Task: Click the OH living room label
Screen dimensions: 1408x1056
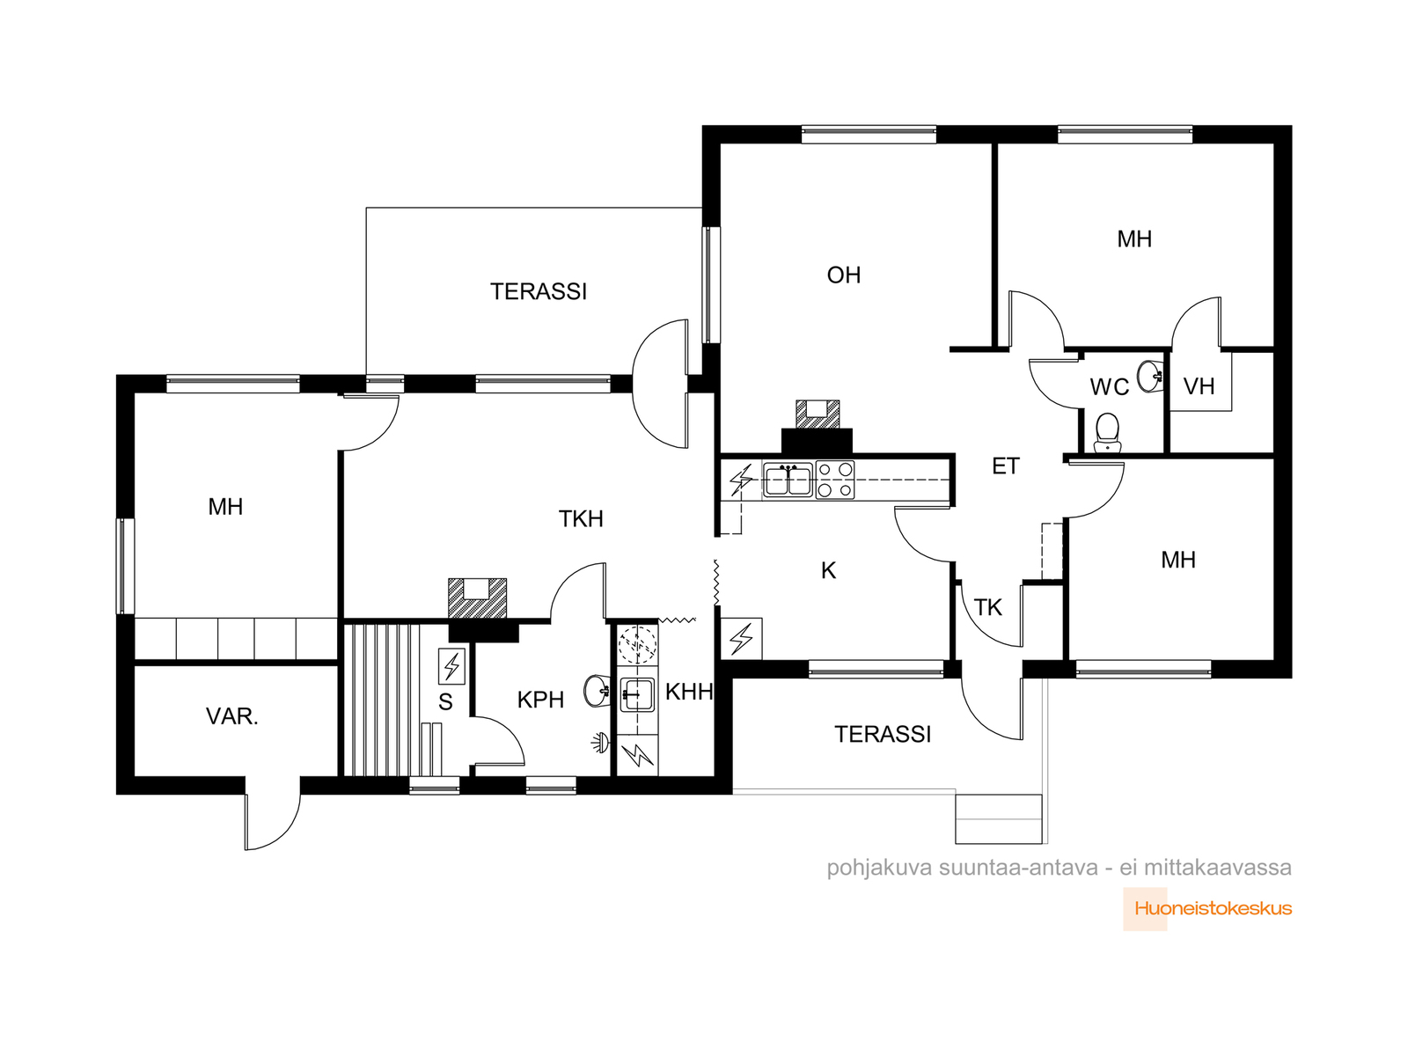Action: (x=843, y=275)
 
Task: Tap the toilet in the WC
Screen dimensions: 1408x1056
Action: (x=1106, y=432)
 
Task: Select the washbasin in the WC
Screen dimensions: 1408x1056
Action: (x=1149, y=375)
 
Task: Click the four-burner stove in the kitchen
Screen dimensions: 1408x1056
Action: (x=834, y=480)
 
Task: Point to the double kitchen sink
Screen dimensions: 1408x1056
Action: (x=788, y=480)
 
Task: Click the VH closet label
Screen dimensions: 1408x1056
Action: (x=1199, y=386)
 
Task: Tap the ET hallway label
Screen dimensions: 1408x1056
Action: (x=1005, y=466)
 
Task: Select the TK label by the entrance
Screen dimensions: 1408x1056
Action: (x=987, y=607)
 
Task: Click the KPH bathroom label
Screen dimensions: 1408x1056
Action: (x=540, y=700)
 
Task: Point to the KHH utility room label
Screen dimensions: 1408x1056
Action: (x=689, y=692)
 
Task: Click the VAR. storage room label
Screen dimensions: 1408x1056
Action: (x=231, y=716)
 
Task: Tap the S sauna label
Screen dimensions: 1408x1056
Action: (x=445, y=702)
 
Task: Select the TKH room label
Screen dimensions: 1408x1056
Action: (x=581, y=518)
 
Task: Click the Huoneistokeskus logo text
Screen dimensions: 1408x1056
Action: (x=1213, y=908)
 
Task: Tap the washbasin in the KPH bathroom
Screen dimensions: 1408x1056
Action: (x=596, y=691)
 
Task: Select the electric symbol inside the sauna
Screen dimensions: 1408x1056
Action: (x=451, y=666)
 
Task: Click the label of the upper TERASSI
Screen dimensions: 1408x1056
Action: (x=539, y=292)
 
